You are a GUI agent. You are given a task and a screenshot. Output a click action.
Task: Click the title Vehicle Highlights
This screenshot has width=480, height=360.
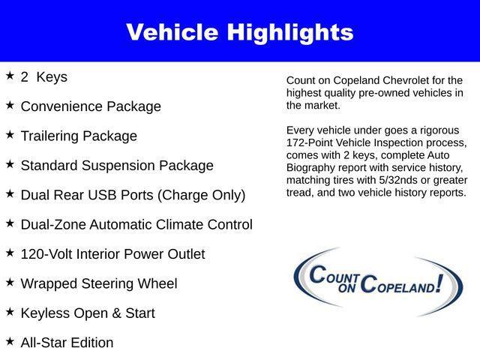239,32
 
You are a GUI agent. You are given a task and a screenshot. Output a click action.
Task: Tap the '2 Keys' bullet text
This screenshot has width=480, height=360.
44,77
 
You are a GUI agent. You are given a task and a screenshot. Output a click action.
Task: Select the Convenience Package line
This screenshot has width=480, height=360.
91,106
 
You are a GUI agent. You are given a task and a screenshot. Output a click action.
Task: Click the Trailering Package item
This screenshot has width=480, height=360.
79,136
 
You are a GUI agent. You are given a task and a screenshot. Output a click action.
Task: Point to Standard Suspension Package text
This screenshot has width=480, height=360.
117,166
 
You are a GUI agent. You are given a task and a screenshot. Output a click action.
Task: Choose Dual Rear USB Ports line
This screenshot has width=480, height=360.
133,195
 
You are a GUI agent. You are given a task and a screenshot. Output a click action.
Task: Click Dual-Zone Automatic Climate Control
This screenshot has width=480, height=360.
136,224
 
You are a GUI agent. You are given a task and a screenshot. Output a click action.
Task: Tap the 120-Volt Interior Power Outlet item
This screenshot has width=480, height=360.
112,254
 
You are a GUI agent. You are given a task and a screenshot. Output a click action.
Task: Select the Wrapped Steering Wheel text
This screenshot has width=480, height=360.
99,283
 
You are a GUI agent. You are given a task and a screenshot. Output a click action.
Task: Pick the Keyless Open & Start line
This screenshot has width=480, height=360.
88,313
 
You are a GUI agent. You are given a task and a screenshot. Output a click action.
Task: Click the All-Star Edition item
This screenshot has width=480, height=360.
67,343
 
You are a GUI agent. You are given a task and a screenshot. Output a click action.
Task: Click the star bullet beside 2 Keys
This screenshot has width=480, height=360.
10,76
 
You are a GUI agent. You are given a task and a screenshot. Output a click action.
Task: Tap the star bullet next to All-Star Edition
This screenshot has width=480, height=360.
10,341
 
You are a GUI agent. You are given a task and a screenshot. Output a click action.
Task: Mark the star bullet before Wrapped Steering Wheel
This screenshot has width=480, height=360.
10,282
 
